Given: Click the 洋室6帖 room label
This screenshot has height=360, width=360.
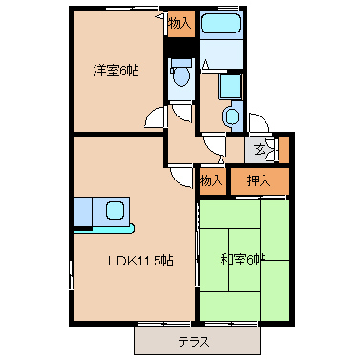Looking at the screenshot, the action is click(116, 71).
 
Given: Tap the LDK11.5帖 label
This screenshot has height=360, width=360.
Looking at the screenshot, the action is click(140, 261).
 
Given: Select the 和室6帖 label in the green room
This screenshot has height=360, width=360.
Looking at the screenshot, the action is click(244, 260).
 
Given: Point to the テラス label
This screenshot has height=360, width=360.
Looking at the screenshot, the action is click(194, 342).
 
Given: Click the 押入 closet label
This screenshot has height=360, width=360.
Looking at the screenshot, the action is click(259, 180).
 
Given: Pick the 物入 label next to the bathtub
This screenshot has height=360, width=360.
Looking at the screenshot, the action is click(180, 23).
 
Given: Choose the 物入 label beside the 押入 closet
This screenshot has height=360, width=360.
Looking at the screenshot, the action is click(211, 180).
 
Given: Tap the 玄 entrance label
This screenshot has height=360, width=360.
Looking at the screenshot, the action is click(260, 149).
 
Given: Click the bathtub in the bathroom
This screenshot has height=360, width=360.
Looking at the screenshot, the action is click(221, 23).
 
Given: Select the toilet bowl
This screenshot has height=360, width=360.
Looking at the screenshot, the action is click(181, 75).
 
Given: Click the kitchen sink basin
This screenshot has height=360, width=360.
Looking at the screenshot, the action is click(115, 210).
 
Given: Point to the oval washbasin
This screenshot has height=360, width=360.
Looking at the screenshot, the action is click(231, 116).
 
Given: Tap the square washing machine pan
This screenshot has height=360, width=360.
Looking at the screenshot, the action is click(230, 86).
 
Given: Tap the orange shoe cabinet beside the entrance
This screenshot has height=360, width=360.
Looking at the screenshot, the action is click(285, 149).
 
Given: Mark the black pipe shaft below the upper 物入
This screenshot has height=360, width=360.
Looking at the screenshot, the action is click(181, 48).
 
